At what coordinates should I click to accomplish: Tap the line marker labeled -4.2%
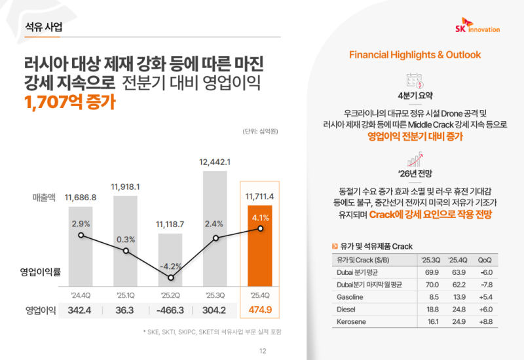click(172, 278)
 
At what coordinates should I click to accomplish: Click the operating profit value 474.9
click(261, 310)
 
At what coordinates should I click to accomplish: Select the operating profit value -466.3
click(172, 310)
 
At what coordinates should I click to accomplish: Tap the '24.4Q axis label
click(81, 294)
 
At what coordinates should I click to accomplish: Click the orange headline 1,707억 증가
click(68, 102)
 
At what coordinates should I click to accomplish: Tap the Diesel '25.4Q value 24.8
click(457, 308)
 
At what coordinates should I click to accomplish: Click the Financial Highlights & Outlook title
click(415, 54)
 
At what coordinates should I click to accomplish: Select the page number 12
click(263, 351)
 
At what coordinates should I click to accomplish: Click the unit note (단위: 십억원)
click(260, 132)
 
